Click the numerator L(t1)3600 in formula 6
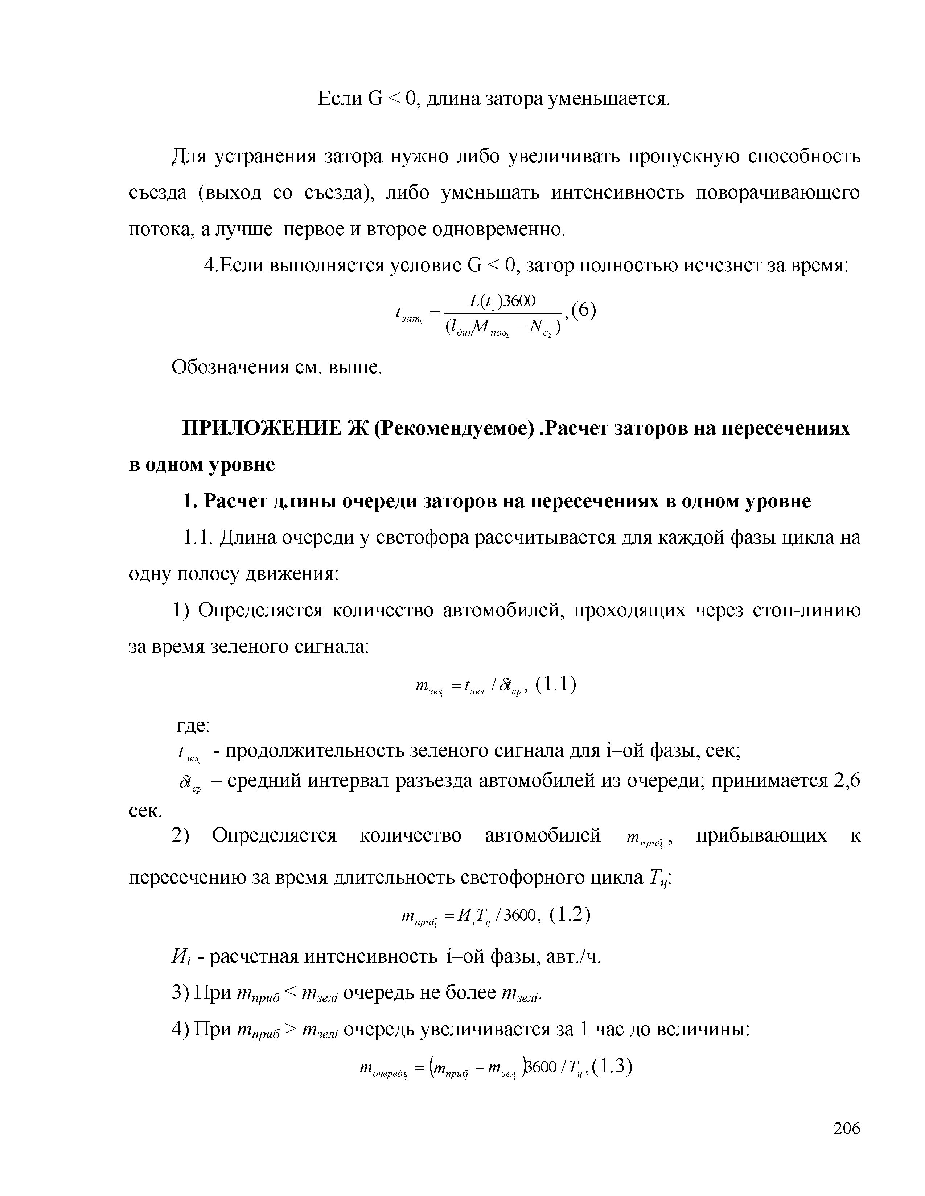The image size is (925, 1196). click(x=502, y=301)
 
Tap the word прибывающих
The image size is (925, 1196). click(x=761, y=836)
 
